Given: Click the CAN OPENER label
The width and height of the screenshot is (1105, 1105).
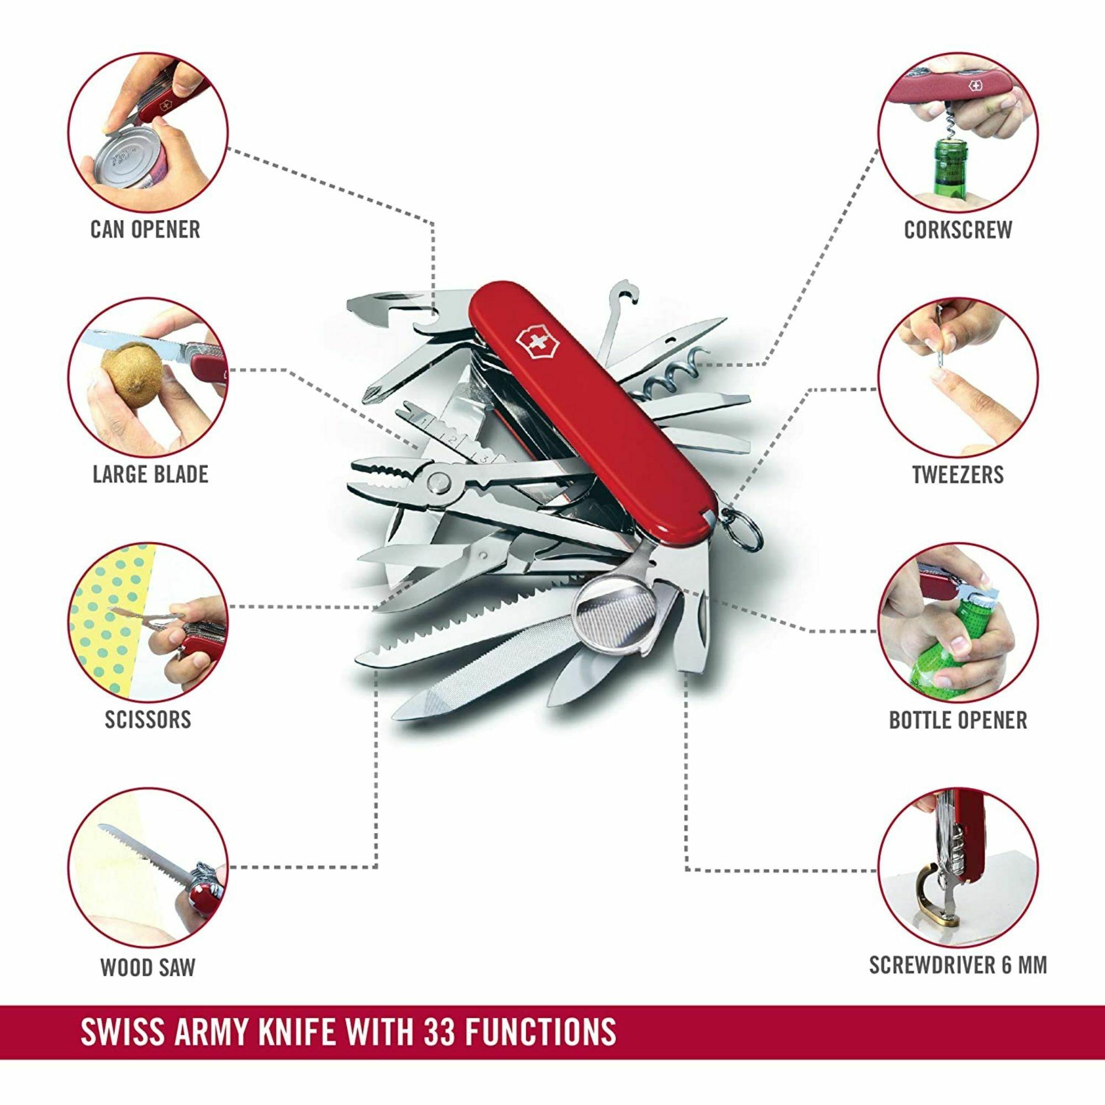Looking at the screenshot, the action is tap(145, 229).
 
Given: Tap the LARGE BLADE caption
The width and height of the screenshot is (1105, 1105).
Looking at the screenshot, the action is tap(150, 474).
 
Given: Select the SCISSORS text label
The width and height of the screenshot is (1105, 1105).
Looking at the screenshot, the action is tap(148, 719).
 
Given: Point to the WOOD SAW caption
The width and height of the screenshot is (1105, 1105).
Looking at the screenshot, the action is tap(148, 967).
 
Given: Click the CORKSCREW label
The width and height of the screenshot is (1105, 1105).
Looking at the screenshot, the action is tap(958, 229).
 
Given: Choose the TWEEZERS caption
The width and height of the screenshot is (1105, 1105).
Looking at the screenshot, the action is tap(958, 474).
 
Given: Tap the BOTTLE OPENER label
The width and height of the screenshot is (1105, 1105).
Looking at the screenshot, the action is tap(958, 719).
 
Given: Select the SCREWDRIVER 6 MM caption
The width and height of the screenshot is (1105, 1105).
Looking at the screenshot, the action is tap(958, 964).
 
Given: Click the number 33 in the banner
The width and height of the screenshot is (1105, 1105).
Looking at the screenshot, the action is tap(439, 1031).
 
